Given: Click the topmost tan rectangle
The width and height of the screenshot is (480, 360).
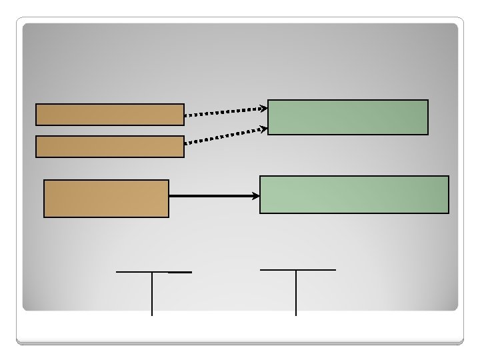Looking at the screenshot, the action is tap(109, 115).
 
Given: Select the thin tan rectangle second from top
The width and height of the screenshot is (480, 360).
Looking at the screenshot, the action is tap(109, 147).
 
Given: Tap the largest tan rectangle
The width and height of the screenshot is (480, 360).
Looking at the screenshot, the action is tap(106, 199).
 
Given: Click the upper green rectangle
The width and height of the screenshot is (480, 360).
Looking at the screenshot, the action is tap(347, 117).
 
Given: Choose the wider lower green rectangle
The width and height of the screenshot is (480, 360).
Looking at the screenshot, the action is tap(354, 194).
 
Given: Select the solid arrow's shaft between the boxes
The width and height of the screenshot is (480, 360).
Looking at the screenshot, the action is tap(212, 196).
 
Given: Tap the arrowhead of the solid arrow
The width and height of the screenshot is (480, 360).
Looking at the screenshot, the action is tap(256, 196).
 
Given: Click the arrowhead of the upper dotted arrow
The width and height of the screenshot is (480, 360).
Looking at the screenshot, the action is tap(263, 107).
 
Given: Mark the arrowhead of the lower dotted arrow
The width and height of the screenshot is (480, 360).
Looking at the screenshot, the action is tap(263, 129).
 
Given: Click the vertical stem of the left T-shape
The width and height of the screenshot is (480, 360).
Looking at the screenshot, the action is tap(152, 293).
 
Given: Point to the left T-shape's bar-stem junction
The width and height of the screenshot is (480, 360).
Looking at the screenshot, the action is tap(152, 272).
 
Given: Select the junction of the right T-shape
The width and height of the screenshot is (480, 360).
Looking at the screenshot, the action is tap(296, 270).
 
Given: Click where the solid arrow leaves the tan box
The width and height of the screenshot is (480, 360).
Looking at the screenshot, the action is tap(170, 196).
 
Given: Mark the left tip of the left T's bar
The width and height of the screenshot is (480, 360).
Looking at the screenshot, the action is tap(117, 272).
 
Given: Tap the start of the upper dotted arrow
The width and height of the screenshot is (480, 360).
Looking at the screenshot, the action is tap(186, 115).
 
